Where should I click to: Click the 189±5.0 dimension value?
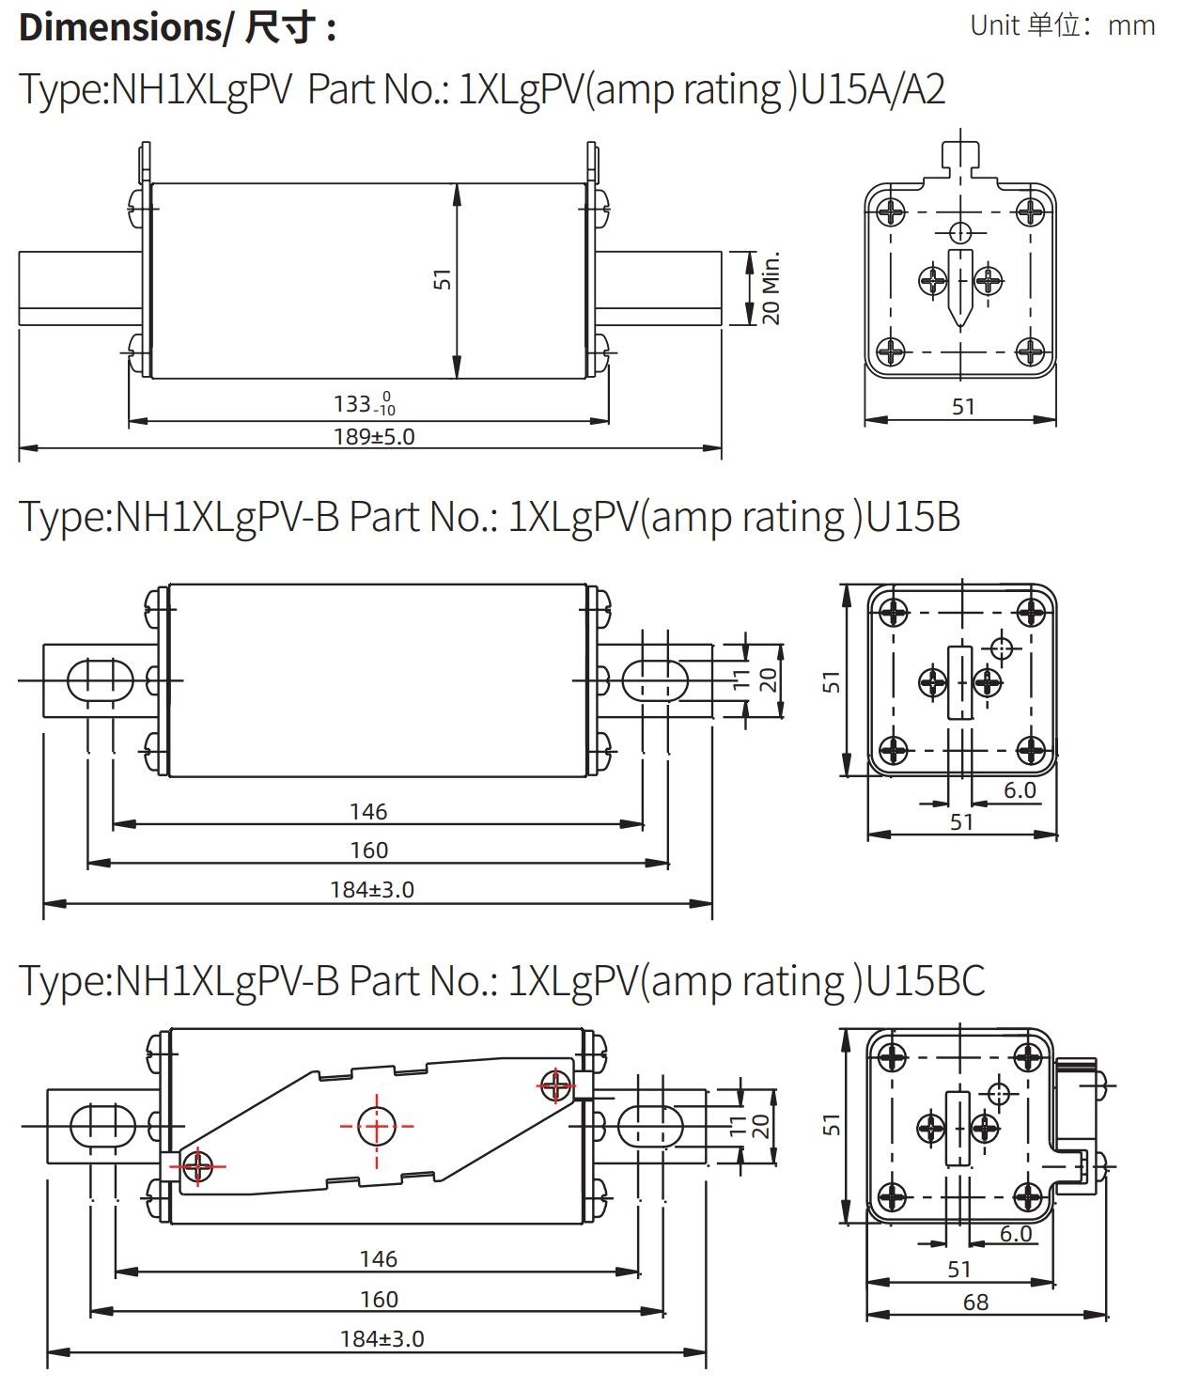tap(374, 436)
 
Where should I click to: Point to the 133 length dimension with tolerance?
tap(365, 404)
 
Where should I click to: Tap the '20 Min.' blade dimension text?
tap(771, 288)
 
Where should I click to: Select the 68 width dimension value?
tap(975, 1302)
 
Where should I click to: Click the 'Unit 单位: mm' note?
tap(1062, 25)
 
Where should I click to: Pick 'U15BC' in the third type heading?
tap(926, 980)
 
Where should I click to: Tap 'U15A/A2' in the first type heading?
tap(873, 90)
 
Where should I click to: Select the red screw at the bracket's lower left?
tap(198, 1166)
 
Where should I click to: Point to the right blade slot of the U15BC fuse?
tap(650, 1124)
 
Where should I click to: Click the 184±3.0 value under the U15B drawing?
tap(372, 889)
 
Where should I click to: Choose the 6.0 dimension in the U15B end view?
tap(1020, 790)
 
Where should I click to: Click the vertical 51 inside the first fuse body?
tap(443, 279)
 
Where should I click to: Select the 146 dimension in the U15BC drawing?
tap(379, 1258)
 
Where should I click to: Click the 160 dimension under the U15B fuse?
tap(369, 851)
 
